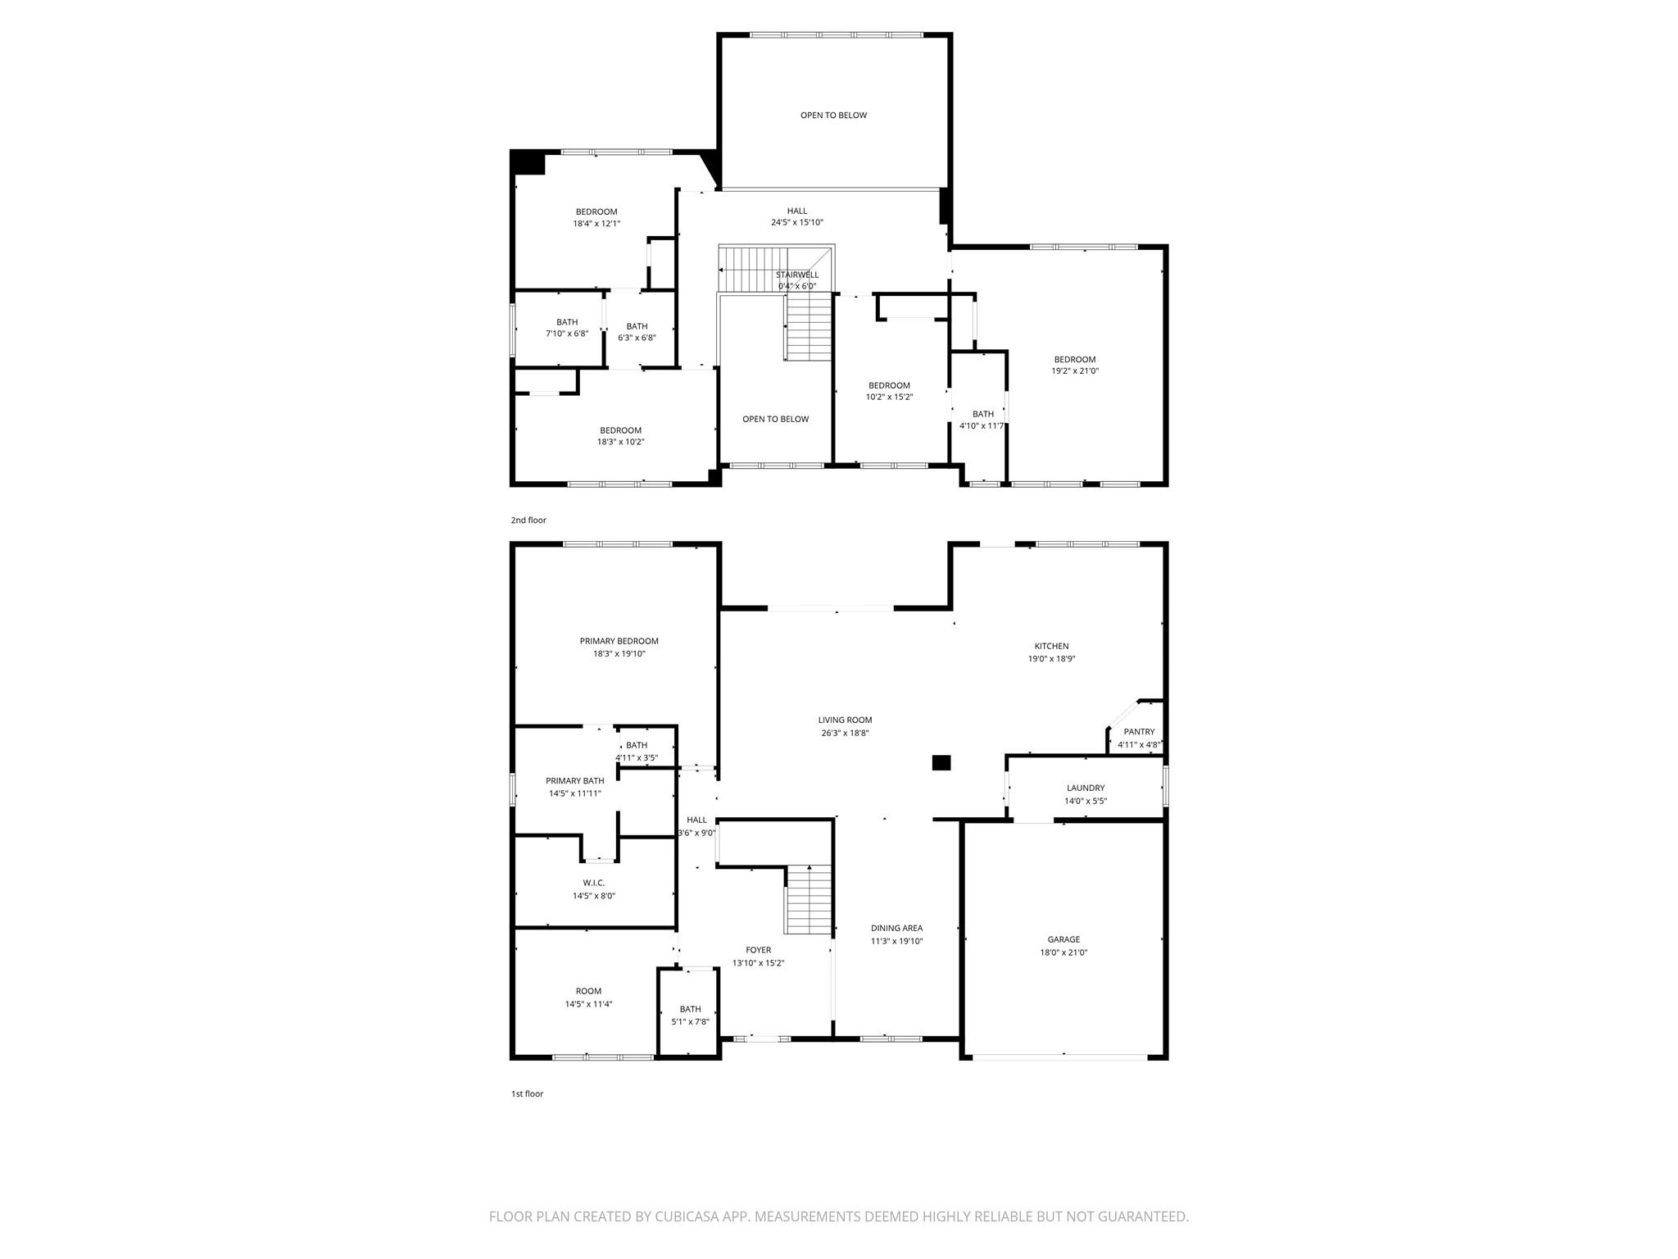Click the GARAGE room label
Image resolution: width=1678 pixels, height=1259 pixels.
(1063, 939)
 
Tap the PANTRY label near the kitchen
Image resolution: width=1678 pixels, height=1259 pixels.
(1139, 732)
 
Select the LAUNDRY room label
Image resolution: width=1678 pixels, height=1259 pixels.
(1085, 788)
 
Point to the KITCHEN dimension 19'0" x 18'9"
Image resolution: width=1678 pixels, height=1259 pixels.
(1051, 658)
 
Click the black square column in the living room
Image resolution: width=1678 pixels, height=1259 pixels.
(941, 762)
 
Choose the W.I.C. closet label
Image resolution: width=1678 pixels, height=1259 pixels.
(593, 883)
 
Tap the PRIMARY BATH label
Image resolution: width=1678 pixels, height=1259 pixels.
(574, 781)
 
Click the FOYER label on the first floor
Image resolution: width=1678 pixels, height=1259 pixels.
(758, 950)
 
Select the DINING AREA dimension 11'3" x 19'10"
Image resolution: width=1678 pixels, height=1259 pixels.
(896, 941)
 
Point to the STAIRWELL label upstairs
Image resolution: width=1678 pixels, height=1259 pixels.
(796, 275)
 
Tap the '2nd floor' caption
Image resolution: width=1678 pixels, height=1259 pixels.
(528, 520)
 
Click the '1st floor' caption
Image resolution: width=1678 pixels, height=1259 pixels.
(527, 1093)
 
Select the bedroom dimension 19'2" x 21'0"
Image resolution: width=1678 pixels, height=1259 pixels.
(1075, 370)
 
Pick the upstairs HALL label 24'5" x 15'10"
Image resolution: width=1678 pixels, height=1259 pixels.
(796, 211)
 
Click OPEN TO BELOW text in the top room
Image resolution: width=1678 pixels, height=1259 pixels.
(833, 115)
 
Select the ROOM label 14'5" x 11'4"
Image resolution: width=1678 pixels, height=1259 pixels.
(588, 991)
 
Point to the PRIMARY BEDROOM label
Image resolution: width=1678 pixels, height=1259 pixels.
(619, 641)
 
